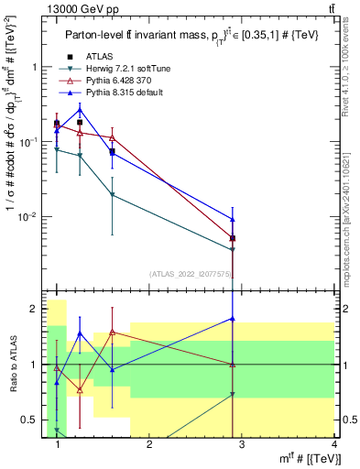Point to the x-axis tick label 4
click(333, 445)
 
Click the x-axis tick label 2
click(150, 445)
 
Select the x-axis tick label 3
click(242, 445)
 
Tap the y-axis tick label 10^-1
click(29, 142)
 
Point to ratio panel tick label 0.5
click(30, 420)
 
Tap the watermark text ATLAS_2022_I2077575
click(191, 273)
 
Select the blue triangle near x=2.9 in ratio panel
click(233, 319)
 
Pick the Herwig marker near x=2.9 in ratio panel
click(233, 394)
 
